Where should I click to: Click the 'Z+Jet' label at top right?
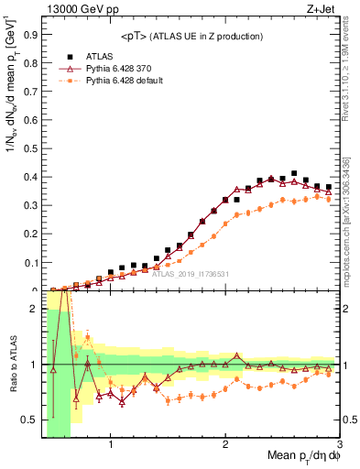[321, 9]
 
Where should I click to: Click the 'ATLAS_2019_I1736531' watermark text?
[191, 273]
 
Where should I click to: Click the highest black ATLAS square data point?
[294, 173]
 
